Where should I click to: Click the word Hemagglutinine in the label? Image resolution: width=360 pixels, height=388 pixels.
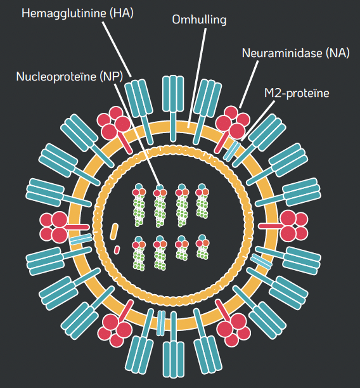(x=64, y=13)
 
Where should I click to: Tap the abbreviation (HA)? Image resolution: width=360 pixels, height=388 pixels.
(x=122, y=13)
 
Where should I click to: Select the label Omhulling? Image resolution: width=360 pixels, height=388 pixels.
(x=199, y=20)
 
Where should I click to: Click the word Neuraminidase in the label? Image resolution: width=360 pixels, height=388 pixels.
(x=282, y=53)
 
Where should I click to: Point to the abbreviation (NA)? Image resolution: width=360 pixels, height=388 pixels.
(x=337, y=53)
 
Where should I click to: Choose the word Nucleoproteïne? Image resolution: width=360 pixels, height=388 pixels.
(x=56, y=77)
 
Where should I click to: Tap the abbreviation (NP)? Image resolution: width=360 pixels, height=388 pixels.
(x=112, y=77)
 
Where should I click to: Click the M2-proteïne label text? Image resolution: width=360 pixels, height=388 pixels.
(x=297, y=94)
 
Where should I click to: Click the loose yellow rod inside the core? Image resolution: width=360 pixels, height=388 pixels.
(x=114, y=231)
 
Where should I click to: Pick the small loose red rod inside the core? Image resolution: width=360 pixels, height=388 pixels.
(x=117, y=250)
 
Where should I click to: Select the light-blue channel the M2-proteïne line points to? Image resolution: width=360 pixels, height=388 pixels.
(x=232, y=151)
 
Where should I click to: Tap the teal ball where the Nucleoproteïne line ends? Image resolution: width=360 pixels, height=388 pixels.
(x=160, y=188)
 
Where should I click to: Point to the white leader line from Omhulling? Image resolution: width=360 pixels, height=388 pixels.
(x=197, y=77)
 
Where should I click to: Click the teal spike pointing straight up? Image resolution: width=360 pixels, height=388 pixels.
(x=173, y=108)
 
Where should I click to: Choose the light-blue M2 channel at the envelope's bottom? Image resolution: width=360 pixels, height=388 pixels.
(x=161, y=323)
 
